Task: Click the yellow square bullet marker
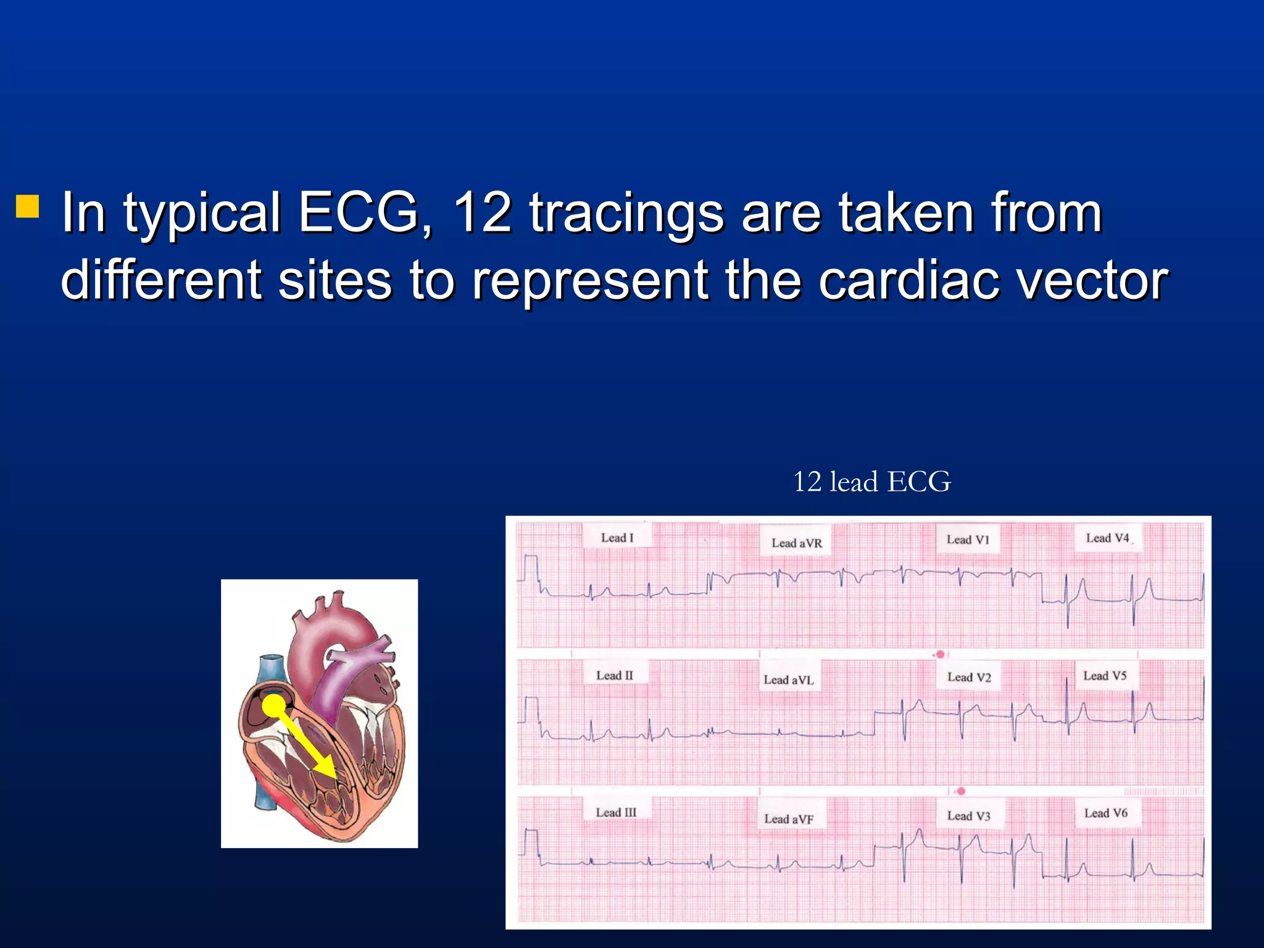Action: (27, 207)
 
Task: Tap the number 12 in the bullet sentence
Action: (481, 213)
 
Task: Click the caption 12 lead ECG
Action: (871, 482)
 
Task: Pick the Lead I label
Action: (617, 538)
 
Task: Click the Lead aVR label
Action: (796, 543)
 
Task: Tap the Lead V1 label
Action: (968, 540)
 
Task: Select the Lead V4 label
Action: (1107, 538)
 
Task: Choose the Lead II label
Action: (615, 675)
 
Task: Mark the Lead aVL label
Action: (789, 680)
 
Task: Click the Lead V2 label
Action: (969, 678)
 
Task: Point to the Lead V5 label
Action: (1105, 676)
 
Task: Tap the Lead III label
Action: (616, 812)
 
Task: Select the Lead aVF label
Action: (789, 819)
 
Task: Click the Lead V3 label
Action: (968, 816)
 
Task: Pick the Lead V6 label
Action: (1105, 813)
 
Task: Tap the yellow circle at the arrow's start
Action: (274, 705)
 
